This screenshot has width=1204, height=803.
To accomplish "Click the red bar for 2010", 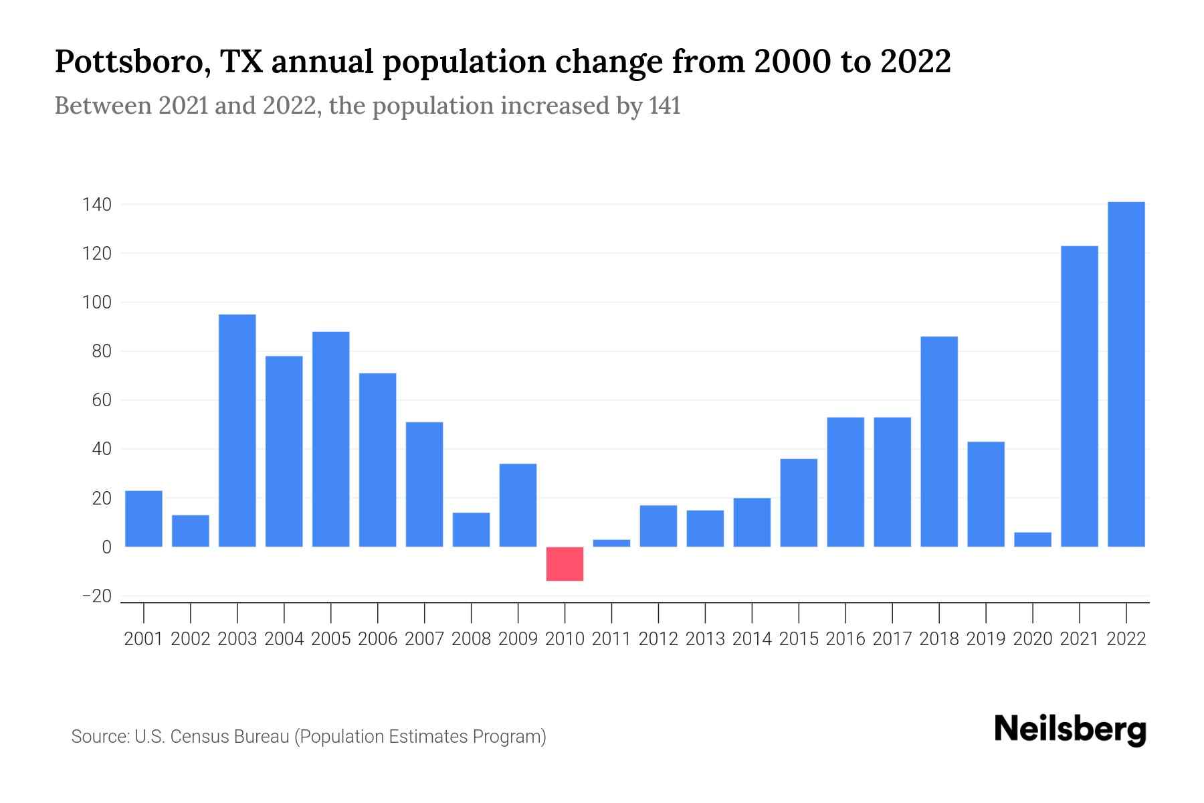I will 565,563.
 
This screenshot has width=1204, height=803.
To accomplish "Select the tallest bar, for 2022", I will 1126,375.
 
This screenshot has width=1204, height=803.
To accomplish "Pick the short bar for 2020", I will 1032,539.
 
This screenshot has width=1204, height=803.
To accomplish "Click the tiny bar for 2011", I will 611,543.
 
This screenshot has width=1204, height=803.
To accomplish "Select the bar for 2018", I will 939,442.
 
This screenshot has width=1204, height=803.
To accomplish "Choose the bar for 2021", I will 1079,396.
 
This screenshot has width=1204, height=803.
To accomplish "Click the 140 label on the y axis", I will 96,205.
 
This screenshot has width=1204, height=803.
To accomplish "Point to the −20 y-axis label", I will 96,596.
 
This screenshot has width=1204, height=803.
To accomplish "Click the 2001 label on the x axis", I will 144,639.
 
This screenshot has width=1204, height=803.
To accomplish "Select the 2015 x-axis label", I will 799,639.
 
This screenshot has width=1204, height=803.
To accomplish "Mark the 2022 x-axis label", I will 1126,639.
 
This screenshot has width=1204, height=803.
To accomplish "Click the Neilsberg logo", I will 1070,729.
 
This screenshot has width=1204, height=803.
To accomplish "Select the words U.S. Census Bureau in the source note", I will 212,737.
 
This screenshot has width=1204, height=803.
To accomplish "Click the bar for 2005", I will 330,439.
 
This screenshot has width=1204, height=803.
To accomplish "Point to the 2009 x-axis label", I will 518,639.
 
